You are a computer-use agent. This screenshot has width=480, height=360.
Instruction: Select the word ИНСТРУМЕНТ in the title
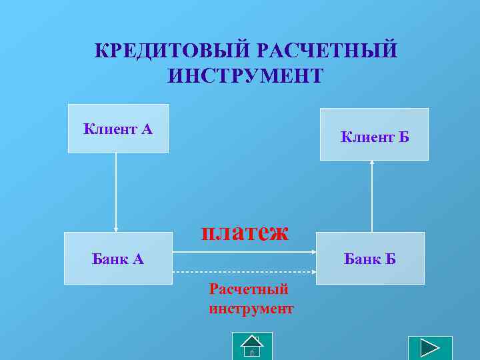coord(245,75)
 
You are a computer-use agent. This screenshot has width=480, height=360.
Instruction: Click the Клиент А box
coord(118,129)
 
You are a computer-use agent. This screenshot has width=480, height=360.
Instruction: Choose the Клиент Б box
coord(374,135)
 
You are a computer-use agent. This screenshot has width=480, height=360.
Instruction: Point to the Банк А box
coord(117,259)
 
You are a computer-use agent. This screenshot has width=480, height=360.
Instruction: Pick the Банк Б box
coord(370,259)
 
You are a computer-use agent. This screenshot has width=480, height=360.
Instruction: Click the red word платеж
coord(245,232)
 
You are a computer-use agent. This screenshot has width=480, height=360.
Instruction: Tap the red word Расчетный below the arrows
coord(249,289)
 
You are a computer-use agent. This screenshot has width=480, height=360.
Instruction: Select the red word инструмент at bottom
coord(251,309)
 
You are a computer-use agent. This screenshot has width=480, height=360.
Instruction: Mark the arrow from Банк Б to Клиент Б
coord(372,196)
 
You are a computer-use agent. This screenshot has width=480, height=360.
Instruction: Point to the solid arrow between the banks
coord(244,253)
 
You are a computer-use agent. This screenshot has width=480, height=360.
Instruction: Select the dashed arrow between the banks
coord(244,272)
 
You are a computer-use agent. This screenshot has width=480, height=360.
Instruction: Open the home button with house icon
coord(252,346)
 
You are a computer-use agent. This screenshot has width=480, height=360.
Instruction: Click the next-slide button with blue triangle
coord(429,349)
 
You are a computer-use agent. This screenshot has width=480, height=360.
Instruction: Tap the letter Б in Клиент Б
coord(404,138)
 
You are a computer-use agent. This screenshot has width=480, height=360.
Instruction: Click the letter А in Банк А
coord(137,259)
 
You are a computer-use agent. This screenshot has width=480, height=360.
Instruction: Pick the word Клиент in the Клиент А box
coord(109,129)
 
